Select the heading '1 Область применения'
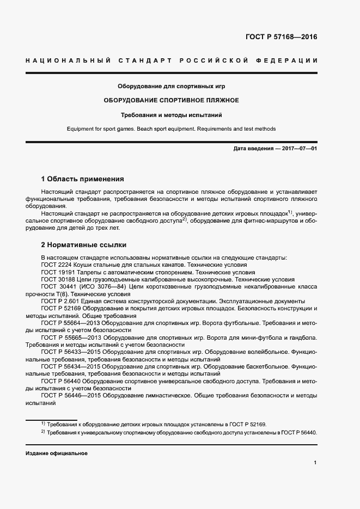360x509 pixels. [x=83, y=179]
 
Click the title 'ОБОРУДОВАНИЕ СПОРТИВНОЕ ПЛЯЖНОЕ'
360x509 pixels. [x=172, y=101]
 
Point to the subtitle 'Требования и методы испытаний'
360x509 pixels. [x=172, y=115]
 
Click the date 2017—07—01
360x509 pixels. [x=299, y=149]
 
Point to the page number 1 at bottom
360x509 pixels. [x=315, y=462]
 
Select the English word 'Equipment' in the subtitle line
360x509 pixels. [x=80, y=129]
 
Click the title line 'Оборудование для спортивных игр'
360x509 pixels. [x=172, y=86]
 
